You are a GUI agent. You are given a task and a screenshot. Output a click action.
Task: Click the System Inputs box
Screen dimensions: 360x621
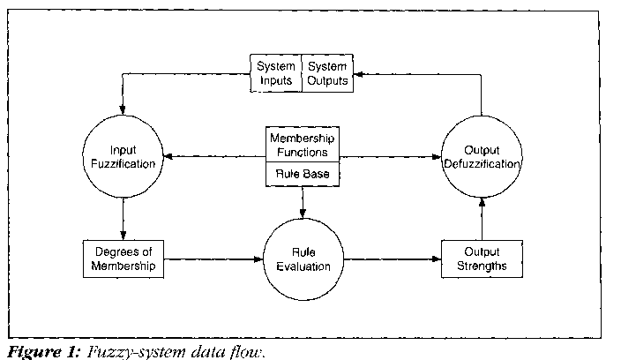pos(276,74)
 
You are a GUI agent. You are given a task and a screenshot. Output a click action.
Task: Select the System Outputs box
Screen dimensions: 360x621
pos(325,74)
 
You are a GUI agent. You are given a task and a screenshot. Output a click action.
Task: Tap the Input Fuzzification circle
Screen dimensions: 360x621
pos(124,157)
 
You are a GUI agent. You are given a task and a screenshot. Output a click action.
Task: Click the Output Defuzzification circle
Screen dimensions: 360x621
pos(481,157)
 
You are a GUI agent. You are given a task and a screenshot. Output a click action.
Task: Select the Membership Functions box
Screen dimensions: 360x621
pos(303,145)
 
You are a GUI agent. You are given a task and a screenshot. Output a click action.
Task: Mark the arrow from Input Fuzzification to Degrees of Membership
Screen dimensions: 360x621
pos(123,217)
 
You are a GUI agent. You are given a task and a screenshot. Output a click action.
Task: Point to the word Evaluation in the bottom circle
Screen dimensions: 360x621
pos(303,266)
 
